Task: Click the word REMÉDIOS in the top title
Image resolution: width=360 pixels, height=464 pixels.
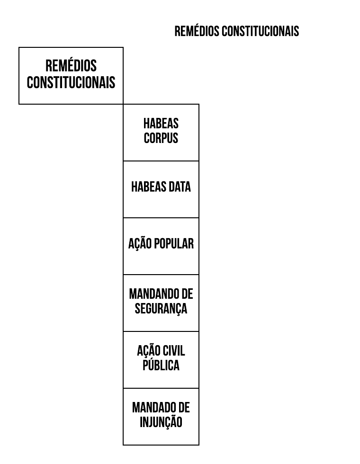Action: pyautogui.click(x=197, y=31)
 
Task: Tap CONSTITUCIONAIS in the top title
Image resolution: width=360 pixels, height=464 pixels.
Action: pyautogui.click(x=261, y=31)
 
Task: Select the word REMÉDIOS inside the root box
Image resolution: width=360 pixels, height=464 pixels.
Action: pyautogui.click(x=71, y=65)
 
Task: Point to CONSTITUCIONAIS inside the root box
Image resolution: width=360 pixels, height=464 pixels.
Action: pyautogui.click(x=71, y=82)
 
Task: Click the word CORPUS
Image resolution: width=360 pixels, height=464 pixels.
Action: pyautogui.click(x=161, y=138)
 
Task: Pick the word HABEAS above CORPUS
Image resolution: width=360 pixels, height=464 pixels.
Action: pyautogui.click(x=161, y=124)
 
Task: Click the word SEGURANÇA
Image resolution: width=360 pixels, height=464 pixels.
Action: pyautogui.click(x=161, y=309)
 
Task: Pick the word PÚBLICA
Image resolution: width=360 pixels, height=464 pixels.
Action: pyautogui.click(x=161, y=365)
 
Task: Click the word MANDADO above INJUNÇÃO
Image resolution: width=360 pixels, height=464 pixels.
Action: pyautogui.click(x=151, y=408)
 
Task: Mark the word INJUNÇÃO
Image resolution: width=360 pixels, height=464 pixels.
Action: pyautogui.click(x=161, y=422)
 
